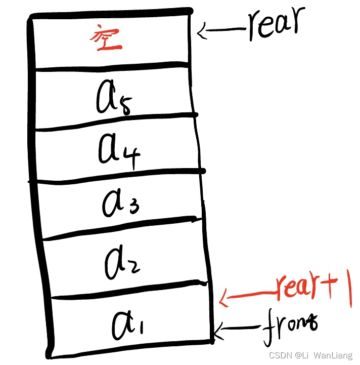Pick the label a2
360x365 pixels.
121,263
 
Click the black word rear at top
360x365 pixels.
276,24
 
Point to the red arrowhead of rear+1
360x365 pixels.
223,298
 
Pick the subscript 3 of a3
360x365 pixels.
133,207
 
